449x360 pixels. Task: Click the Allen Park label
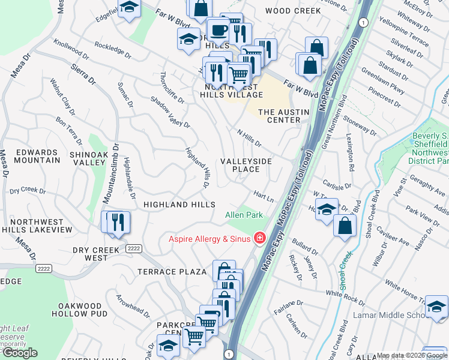tap(244, 215)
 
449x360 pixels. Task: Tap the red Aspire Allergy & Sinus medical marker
tap(260, 238)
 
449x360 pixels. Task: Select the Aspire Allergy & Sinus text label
tap(208, 239)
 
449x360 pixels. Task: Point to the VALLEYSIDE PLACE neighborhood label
tap(246, 165)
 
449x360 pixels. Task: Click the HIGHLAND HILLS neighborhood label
tap(179, 205)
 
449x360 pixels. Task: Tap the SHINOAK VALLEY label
tap(88, 158)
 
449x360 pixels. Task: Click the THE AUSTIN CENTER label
tap(283, 116)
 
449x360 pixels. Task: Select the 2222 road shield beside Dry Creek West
tap(134, 248)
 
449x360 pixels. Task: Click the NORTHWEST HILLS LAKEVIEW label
tap(36, 225)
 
